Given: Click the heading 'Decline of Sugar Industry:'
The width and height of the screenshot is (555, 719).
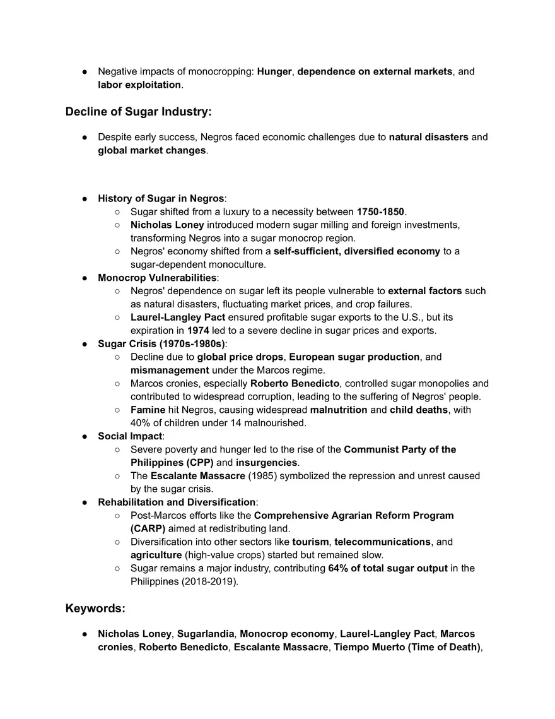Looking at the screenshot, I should point(138,112).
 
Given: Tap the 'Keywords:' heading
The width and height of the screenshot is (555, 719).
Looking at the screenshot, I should point(95,609).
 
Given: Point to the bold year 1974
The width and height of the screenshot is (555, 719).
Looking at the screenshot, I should point(198,330).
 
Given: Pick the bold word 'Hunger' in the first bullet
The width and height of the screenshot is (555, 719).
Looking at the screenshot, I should point(274,71).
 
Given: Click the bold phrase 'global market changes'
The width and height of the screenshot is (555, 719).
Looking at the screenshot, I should point(151,150).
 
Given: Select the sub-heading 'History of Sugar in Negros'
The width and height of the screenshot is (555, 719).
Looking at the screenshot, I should point(161,198).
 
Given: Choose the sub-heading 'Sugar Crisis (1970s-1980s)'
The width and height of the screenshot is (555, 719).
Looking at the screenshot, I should point(161,343).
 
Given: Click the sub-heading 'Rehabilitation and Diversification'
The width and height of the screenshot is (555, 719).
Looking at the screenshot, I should point(177,502).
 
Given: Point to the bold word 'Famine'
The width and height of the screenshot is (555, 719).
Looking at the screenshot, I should point(148,410).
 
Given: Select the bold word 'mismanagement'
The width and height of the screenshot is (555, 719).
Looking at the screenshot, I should point(170,370).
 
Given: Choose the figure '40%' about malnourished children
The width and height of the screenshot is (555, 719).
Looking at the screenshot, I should point(140,423).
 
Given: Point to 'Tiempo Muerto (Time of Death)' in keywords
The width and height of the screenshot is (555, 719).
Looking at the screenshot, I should point(407,646).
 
